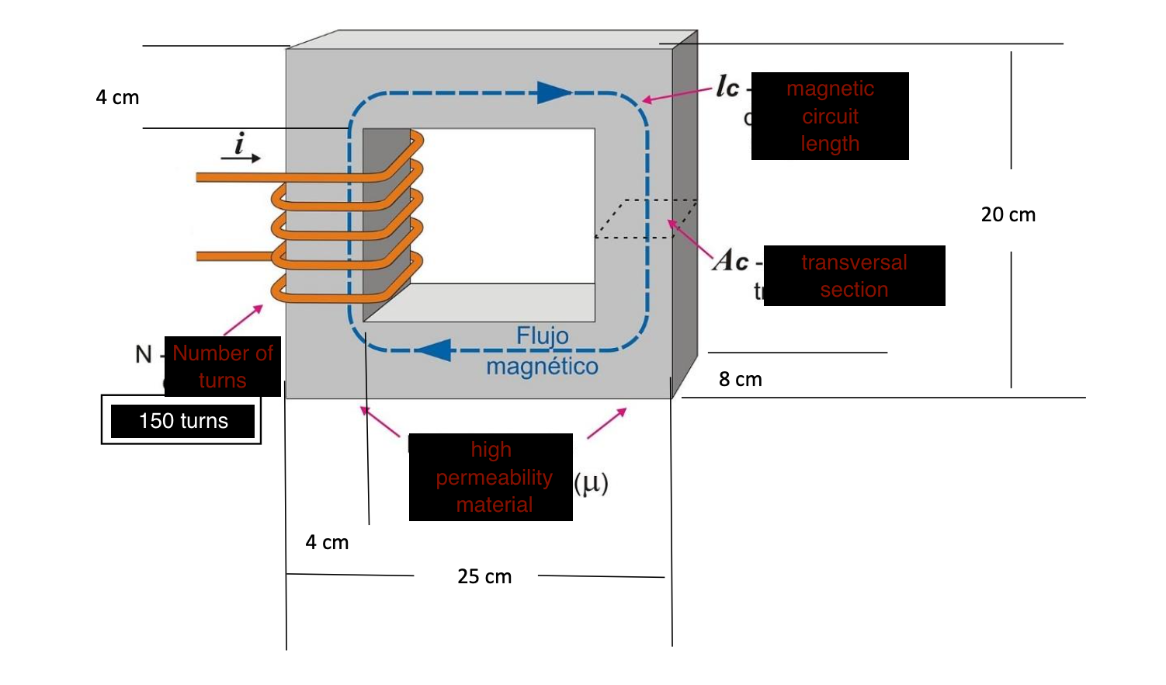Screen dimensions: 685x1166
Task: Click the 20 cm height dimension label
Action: (x=1008, y=215)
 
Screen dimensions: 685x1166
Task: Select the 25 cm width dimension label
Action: (x=484, y=577)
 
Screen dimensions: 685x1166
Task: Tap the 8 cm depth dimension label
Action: (x=740, y=380)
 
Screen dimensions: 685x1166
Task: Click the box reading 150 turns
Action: (x=182, y=421)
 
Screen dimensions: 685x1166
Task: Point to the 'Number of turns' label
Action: (x=223, y=367)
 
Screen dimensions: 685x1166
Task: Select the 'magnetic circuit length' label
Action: (x=830, y=116)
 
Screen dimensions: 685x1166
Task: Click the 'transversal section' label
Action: (x=854, y=276)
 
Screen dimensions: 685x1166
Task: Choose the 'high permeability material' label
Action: (x=491, y=477)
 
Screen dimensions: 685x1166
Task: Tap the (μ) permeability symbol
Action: (x=591, y=483)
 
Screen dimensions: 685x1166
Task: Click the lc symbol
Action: (x=727, y=87)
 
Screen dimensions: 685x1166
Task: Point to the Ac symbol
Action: (x=730, y=261)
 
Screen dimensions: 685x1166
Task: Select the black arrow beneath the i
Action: (x=241, y=158)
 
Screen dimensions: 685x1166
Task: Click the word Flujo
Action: (x=543, y=336)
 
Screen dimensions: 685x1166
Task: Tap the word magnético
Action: (x=542, y=367)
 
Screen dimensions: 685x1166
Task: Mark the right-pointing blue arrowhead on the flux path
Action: (x=554, y=93)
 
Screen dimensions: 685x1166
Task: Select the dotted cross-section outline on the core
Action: (x=645, y=218)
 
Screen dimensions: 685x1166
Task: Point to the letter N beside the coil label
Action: (x=144, y=355)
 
